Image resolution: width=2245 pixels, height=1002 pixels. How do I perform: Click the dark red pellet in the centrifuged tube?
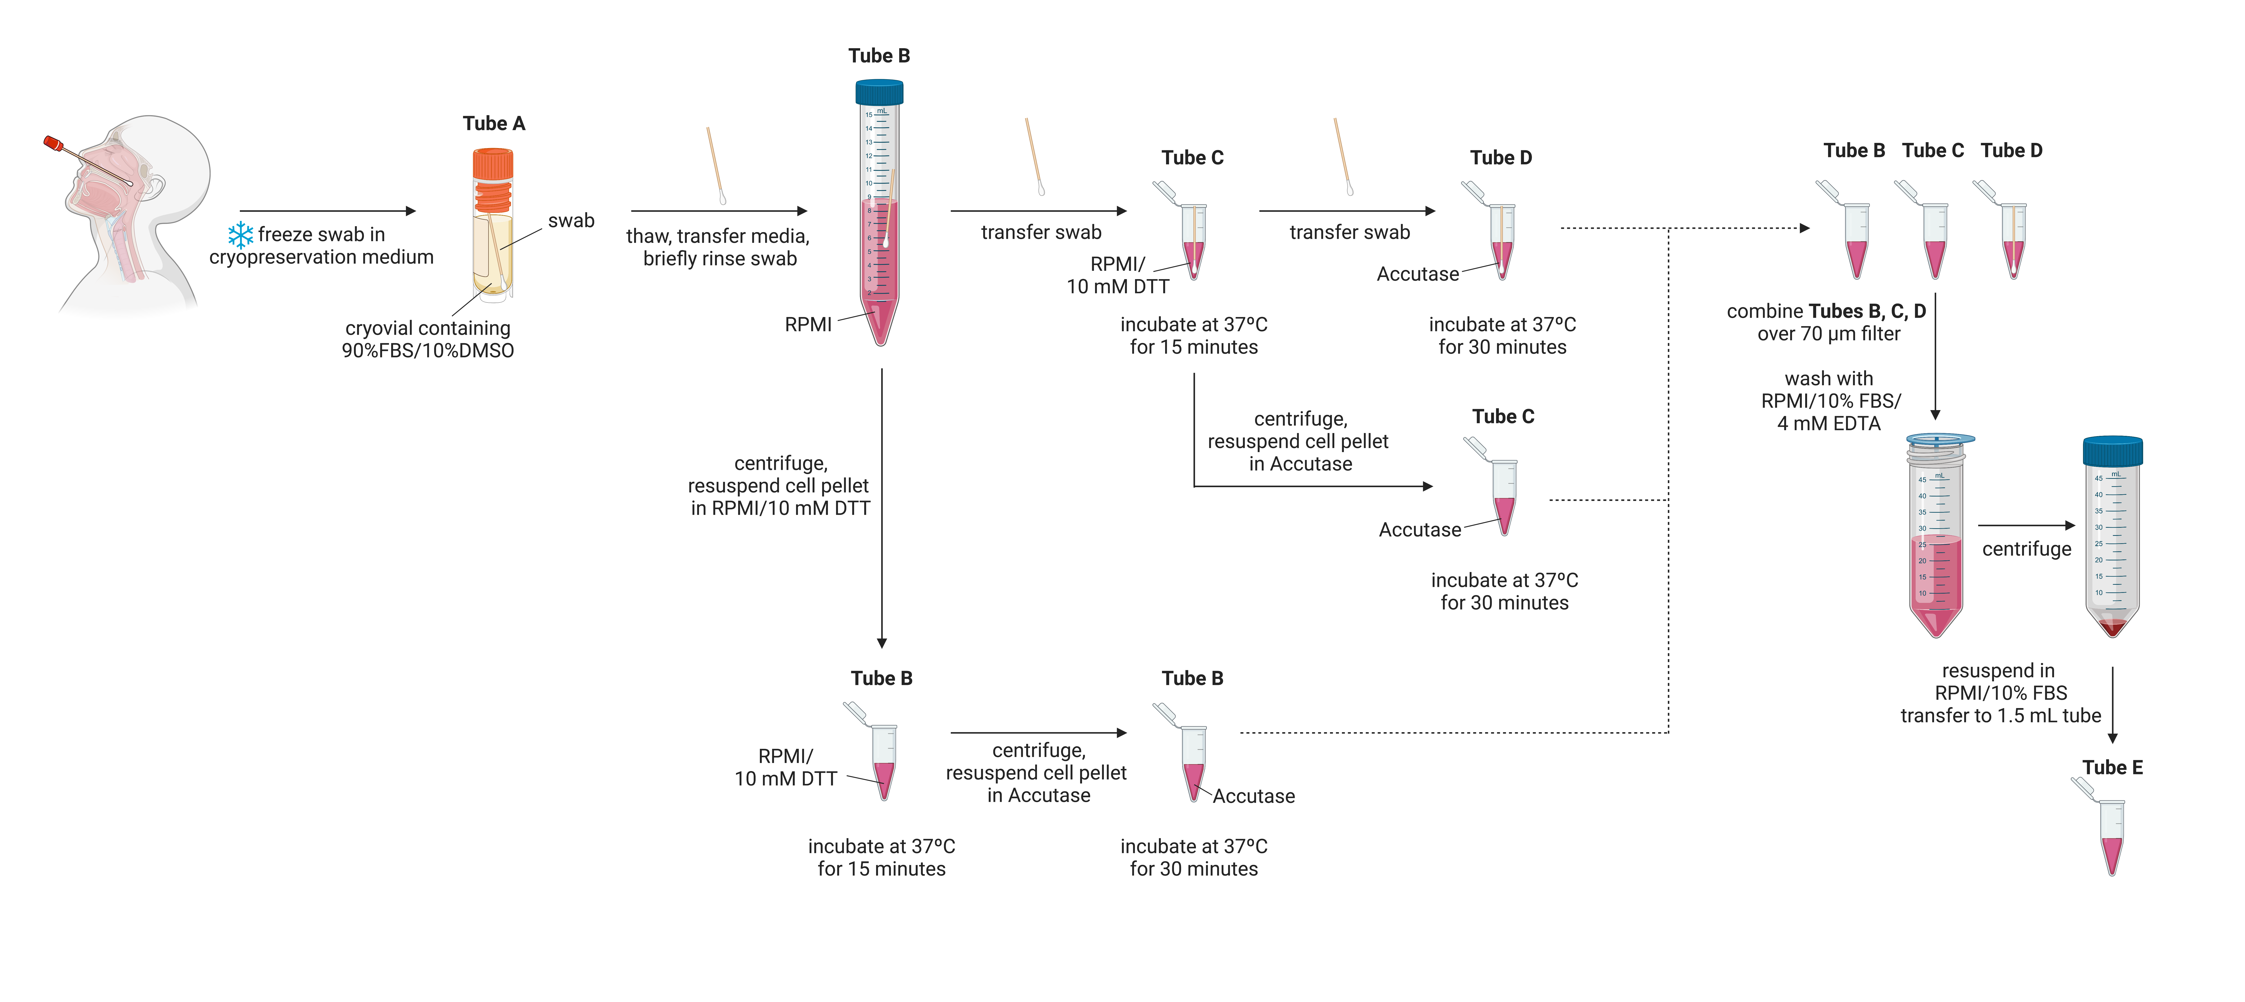coord(2112,627)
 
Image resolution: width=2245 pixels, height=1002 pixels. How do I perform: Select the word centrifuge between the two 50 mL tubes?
coord(2026,549)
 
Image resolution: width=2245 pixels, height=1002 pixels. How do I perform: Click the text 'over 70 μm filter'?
coord(1828,334)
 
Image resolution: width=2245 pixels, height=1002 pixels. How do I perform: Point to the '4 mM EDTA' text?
coord(1828,423)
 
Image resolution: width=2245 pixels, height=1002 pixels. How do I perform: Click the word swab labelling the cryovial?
coord(571,220)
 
